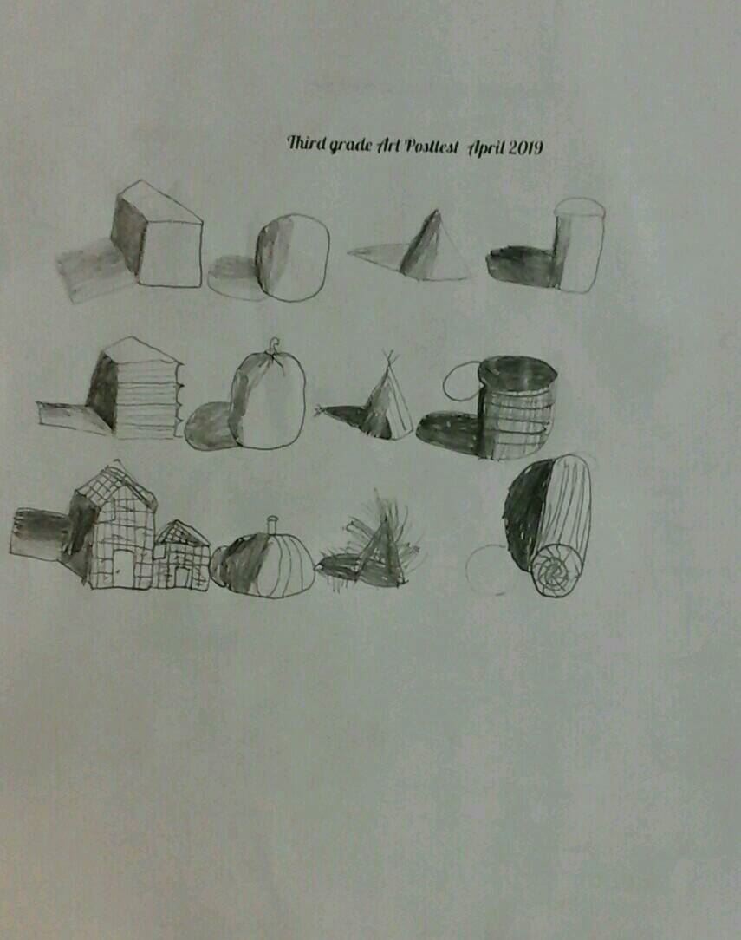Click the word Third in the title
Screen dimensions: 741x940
click(x=306, y=144)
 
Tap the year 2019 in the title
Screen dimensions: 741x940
click(x=525, y=147)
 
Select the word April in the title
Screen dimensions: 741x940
click(x=486, y=147)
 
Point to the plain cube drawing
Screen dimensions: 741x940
click(x=157, y=234)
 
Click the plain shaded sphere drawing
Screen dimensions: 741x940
click(x=292, y=258)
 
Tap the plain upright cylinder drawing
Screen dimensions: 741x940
click(x=578, y=245)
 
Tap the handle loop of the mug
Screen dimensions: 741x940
click(x=462, y=381)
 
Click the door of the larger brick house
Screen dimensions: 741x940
click(x=122, y=567)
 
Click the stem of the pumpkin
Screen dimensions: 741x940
click(x=272, y=524)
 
